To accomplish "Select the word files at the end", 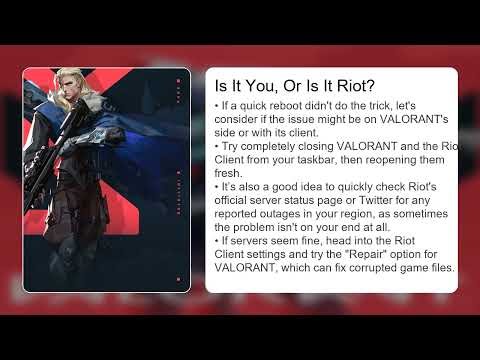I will click(440, 268).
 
